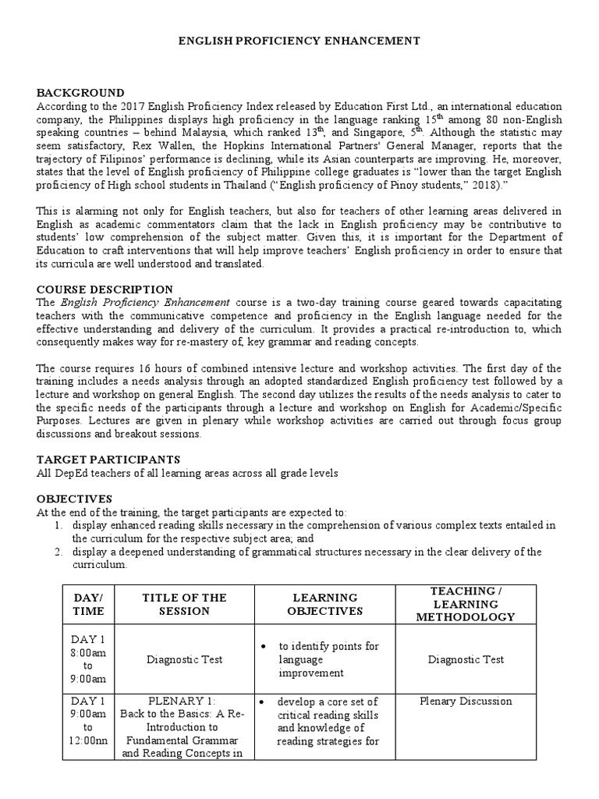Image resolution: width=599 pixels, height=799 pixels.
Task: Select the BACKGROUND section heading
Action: pyautogui.click(x=80, y=93)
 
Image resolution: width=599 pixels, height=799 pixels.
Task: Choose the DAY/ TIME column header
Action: pyautogui.click(x=88, y=604)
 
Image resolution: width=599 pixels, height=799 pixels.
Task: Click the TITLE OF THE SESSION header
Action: pyautogui.click(x=184, y=604)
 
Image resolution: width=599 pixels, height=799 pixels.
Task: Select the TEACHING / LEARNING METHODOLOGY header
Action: pyautogui.click(x=466, y=604)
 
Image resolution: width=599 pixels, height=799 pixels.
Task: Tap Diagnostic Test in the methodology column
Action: pyautogui.click(x=466, y=659)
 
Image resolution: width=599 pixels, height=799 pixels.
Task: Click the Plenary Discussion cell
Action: pyautogui.click(x=466, y=701)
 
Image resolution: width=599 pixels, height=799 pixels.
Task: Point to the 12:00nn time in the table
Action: pyautogui.click(x=88, y=740)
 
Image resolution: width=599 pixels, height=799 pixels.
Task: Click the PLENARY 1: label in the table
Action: pyautogui.click(x=184, y=701)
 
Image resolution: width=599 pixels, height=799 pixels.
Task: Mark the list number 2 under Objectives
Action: pyautogui.click(x=58, y=552)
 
